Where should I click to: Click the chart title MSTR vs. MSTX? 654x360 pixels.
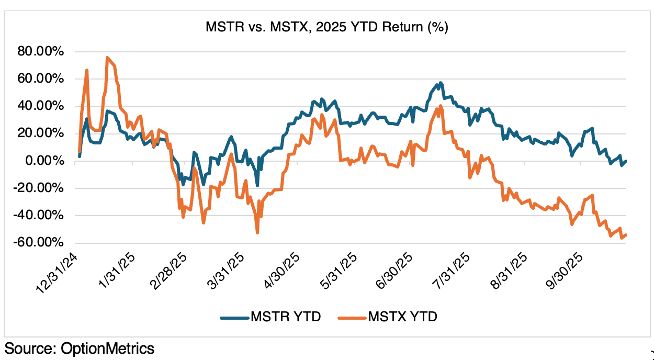pos(326,28)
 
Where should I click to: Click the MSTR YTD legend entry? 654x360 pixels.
pos(270,317)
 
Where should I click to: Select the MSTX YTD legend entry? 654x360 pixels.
pos(388,317)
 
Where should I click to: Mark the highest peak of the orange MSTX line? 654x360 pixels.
pos(107,58)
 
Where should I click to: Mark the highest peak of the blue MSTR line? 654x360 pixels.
pos(441,83)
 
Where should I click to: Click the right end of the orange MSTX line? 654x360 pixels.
pos(626,235)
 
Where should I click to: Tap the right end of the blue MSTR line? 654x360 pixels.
pos(626,161)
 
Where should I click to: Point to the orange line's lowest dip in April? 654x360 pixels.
pos(257,233)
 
